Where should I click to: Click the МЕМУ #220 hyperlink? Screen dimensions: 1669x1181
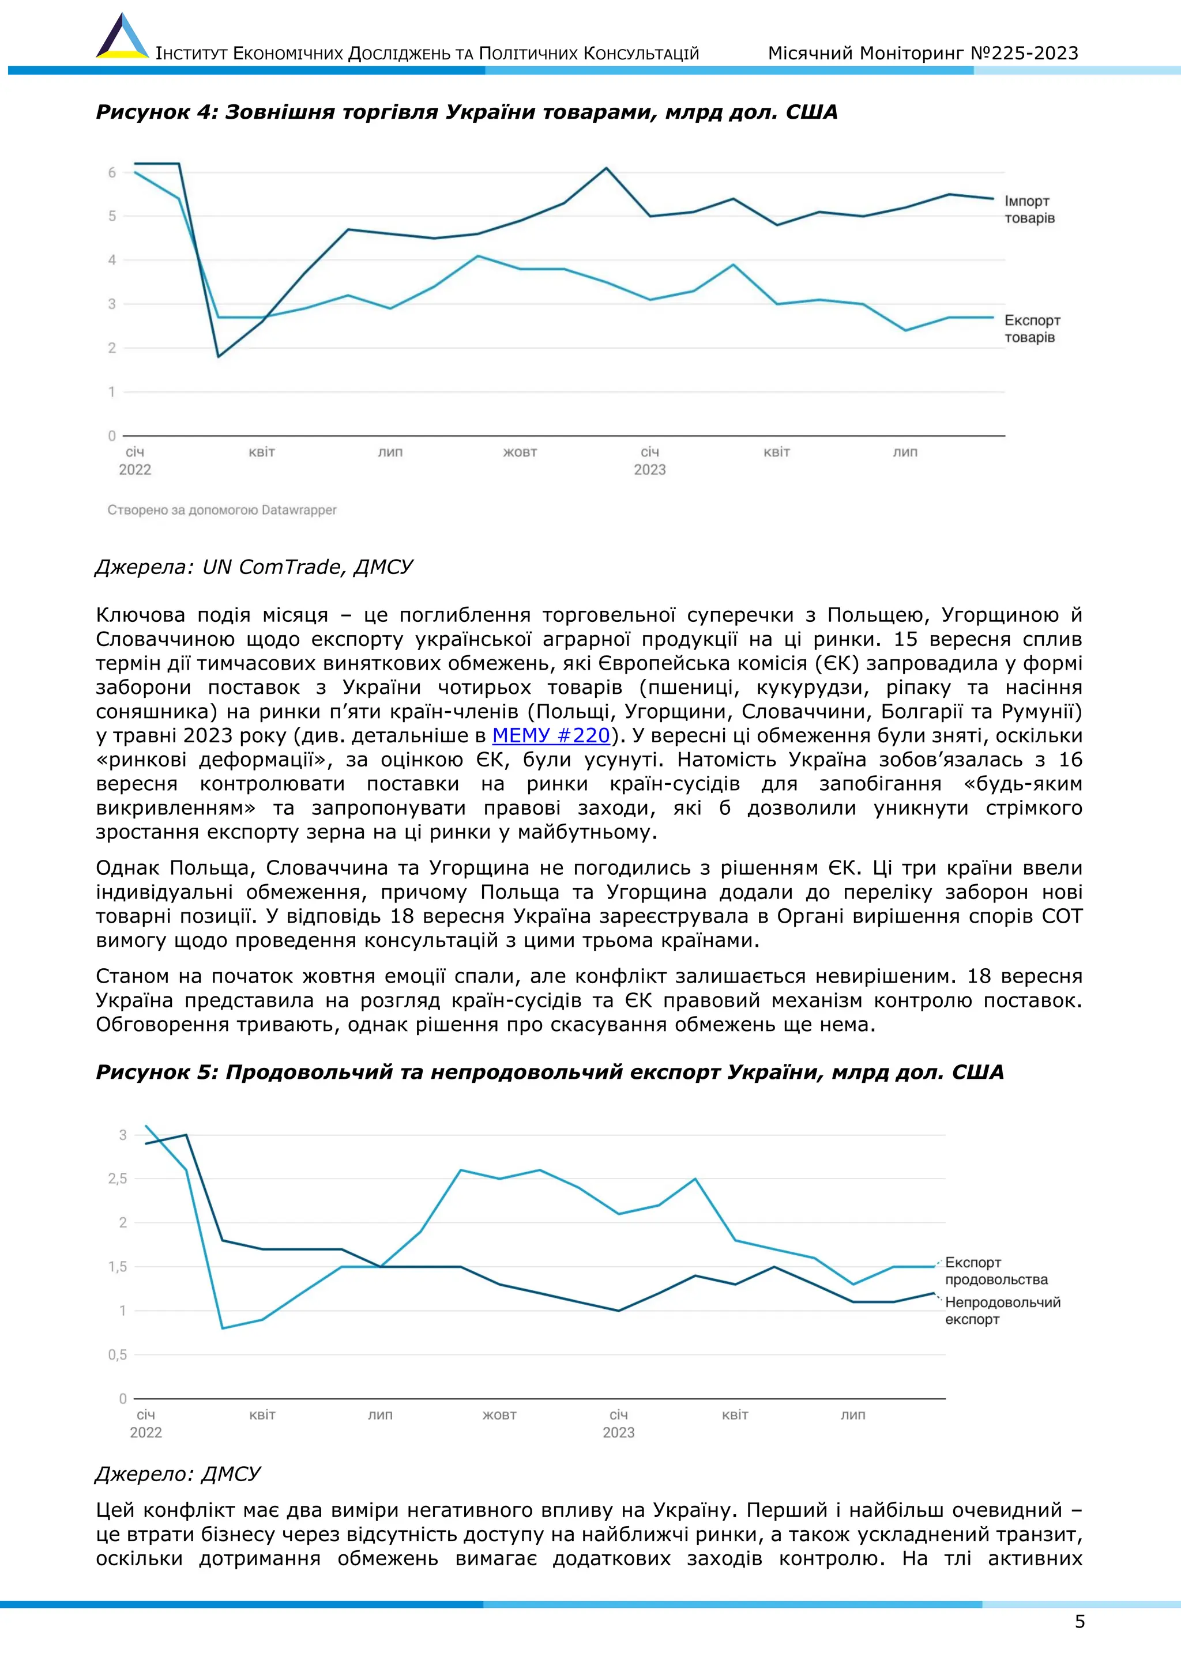tap(551, 735)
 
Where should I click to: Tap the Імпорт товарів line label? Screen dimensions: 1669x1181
tap(1029, 209)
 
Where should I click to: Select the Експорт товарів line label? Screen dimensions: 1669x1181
tap(1032, 328)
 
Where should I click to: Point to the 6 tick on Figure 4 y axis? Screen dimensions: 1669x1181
tap(112, 173)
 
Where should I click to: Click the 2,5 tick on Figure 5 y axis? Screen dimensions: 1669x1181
tap(117, 1179)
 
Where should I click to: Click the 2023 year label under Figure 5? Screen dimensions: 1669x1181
tap(618, 1432)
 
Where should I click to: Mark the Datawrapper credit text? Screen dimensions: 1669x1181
tap(222, 510)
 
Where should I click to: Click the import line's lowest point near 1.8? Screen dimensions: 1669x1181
tap(218, 356)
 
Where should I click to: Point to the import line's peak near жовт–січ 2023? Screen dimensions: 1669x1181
tap(607, 169)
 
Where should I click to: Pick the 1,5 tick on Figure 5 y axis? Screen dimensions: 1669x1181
tap(117, 1267)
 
